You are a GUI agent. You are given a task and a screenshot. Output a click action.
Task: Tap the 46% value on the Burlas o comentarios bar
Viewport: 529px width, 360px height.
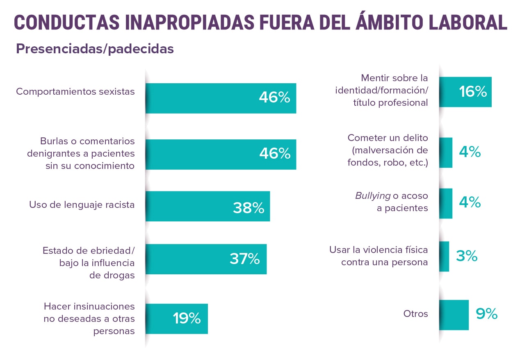pyautogui.click(x=274, y=154)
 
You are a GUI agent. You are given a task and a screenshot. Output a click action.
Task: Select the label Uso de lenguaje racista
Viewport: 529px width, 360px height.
pyautogui.click(x=82, y=204)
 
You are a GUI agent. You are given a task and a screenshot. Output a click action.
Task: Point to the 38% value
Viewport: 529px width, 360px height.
pyautogui.click(x=248, y=208)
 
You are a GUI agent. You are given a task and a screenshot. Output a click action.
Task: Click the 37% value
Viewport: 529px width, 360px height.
pyautogui.click(x=244, y=259)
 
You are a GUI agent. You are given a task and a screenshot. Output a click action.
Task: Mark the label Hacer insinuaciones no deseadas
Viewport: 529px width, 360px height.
pyautogui.click(x=89, y=319)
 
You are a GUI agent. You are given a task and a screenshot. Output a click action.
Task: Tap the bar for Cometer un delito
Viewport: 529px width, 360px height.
pyautogui.click(x=445, y=153)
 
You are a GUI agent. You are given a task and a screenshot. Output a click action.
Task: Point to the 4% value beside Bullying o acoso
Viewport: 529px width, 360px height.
pyautogui.click(x=470, y=203)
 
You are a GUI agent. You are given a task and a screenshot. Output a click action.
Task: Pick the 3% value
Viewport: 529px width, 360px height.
pyautogui.click(x=467, y=256)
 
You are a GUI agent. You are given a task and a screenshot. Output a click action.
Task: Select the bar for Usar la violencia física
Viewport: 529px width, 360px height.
pyautogui.click(x=444, y=256)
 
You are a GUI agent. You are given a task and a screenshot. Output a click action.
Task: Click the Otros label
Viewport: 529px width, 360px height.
pyautogui.click(x=415, y=314)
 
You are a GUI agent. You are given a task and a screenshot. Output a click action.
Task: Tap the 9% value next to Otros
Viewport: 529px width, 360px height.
pyautogui.click(x=486, y=314)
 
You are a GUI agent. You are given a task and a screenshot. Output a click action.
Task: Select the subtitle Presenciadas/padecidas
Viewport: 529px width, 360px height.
pyautogui.click(x=95, y=49)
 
